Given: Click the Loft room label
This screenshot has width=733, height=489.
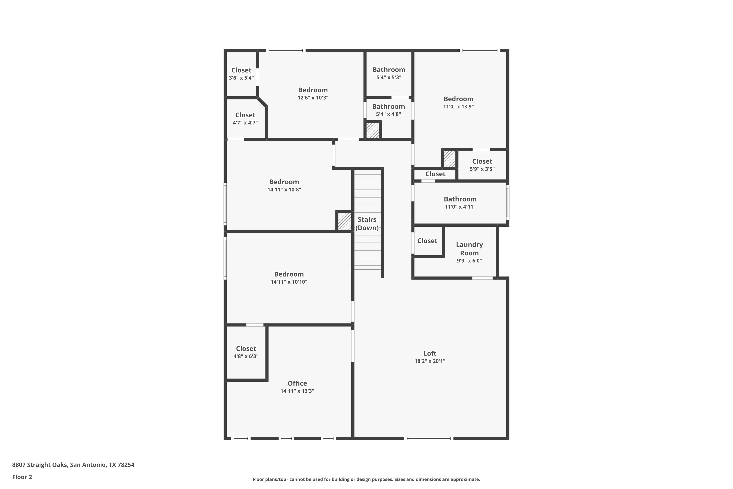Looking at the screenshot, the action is point(430,353).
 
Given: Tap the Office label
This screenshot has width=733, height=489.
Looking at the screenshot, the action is point(297,383).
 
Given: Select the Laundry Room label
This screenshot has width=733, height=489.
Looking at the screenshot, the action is point(469,249).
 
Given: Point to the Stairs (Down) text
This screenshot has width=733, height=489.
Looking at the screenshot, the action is point(367,224).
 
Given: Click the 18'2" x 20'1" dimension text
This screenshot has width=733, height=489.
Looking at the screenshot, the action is point(430,361).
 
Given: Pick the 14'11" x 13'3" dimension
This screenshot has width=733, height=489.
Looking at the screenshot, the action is point(297,391).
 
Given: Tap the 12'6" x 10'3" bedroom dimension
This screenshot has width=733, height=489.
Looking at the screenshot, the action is point(313,98).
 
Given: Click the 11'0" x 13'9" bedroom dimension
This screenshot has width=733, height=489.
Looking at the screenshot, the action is point(458,107).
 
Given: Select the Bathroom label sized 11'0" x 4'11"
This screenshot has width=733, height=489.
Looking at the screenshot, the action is point(460,199).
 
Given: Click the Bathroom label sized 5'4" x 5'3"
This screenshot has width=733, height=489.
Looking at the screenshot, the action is point(389,69).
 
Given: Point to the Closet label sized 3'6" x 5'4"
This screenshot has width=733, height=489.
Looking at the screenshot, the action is point(241,70).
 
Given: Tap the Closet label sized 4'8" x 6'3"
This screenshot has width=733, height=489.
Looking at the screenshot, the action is point(246,349).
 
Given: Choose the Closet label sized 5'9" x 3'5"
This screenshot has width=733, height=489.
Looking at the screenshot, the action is point(482,161).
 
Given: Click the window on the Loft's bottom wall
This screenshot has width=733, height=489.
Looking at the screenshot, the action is point(429,438).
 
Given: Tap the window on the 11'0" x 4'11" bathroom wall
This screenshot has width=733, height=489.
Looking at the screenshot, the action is point(508,202).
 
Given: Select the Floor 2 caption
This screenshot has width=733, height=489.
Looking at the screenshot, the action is point(22,477).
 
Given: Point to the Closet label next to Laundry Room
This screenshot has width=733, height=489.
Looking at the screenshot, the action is point(427,241).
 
